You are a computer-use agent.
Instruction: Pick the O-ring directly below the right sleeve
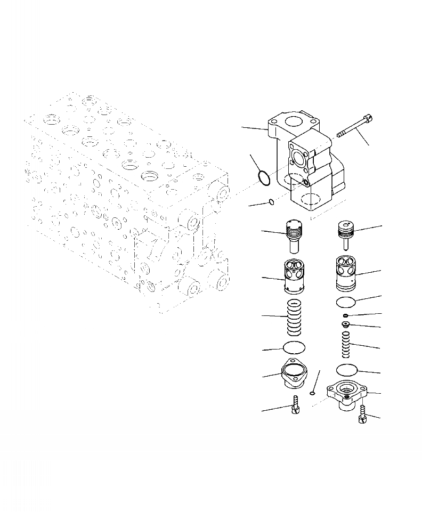[x=346, y=303]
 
